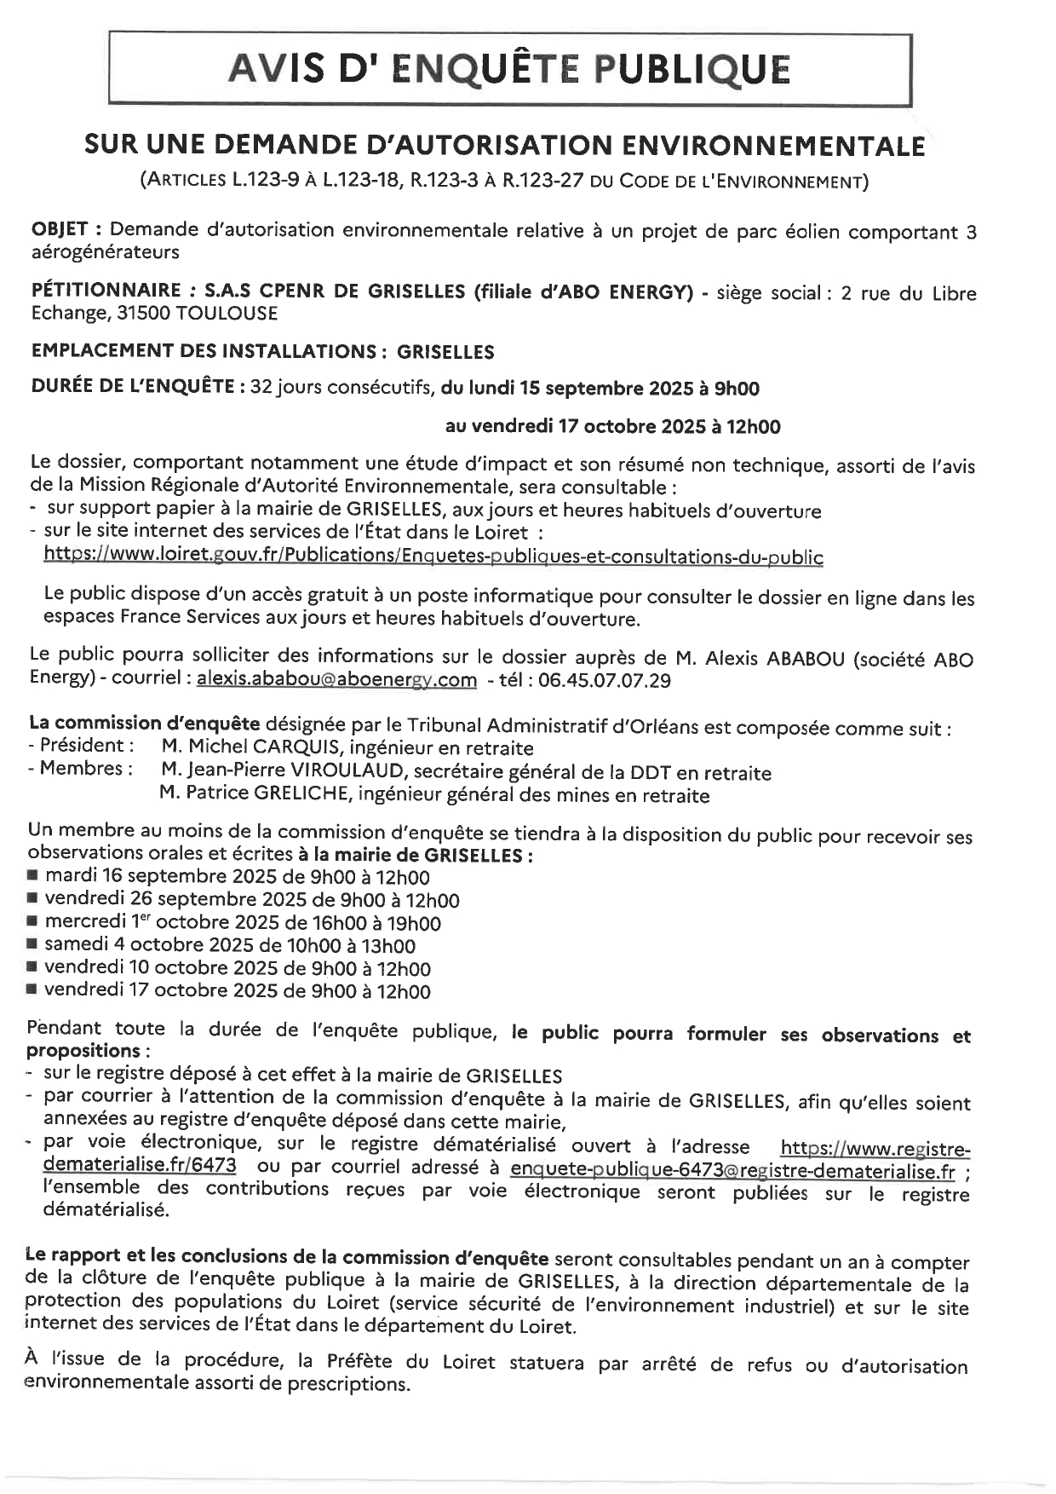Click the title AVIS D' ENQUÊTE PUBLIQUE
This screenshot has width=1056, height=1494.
click(x=509, y=69)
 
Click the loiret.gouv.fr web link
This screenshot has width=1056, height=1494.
click(x=433, y=557)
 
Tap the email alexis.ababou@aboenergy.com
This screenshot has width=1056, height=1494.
click(x=336, y=679)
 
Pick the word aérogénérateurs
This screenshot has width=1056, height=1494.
click(x=106, y=252)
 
